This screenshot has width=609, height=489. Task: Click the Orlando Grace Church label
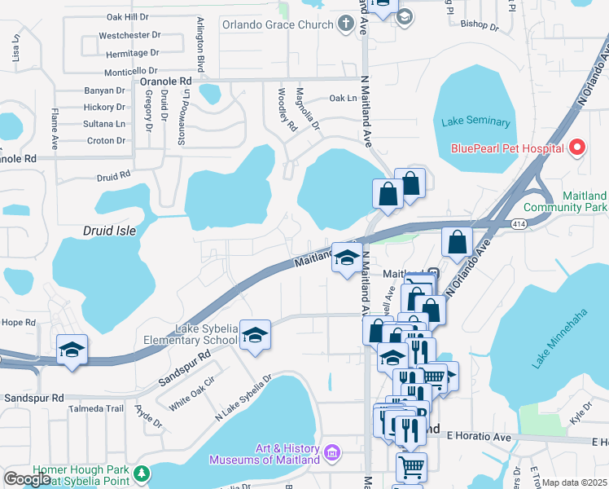pos(289,24)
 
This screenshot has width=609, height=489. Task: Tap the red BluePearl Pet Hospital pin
pos(577,148)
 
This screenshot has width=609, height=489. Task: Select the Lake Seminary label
pos(475,122)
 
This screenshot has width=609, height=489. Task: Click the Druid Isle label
pos(109,231)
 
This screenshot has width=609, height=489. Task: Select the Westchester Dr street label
pos(129,36)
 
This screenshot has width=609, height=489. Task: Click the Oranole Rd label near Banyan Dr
pos(165,81)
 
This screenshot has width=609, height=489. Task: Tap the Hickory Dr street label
pos(104,107)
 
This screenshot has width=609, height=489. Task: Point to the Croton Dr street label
pos(106,140)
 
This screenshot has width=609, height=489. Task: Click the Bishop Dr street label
pos(479,26)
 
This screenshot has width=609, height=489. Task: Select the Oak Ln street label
pos(343,98)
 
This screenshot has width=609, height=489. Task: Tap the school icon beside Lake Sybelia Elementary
pos(255,336)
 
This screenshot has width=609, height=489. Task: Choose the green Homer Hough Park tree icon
pos(142,473)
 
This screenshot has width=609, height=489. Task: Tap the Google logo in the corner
pos(27,479)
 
